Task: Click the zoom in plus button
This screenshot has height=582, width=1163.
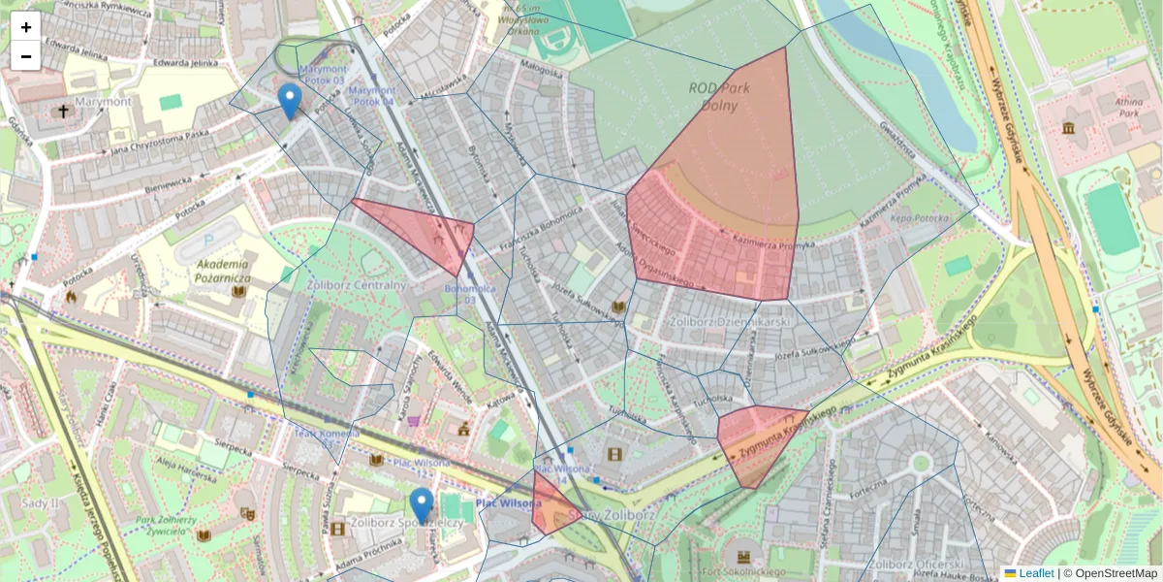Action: point(26,26)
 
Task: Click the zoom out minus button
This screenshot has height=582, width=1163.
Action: point(26,56)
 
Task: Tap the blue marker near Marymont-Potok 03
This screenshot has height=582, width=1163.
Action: point(289,101)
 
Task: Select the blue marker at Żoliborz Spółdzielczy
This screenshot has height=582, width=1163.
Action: point(422,505)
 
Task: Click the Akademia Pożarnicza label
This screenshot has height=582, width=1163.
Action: point(223,271)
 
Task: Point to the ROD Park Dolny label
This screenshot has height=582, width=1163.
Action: point(714,95)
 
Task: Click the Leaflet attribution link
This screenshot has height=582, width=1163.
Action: point(1035,573)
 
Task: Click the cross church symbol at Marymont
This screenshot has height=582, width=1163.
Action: point(64,112)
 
